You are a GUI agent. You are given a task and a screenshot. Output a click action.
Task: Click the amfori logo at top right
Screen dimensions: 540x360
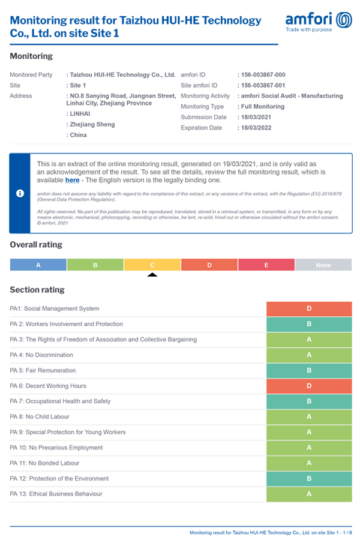click(x=319, y=21)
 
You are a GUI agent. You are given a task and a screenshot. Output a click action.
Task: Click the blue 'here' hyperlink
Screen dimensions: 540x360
click(x=72, y=180)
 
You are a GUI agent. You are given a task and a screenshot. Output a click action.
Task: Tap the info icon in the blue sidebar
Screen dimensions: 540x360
click(x=20, y=193)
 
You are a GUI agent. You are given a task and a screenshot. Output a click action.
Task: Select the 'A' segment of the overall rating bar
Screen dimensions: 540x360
click(x=38, y=265)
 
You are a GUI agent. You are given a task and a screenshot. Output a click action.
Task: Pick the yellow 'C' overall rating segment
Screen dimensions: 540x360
click(x=152, y=265)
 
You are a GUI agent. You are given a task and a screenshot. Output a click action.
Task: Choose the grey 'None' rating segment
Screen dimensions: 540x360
click(x=323, y=265)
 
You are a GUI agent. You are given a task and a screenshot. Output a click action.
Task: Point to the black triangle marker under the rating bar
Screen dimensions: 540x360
click(x=152, y=275)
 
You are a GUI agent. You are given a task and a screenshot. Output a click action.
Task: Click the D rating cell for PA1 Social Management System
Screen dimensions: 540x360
click(x=309, y=308)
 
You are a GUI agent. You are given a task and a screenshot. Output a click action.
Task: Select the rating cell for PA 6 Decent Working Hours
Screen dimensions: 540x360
click(x=309, y=386)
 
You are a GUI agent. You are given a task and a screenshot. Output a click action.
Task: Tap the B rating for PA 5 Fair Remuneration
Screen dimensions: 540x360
click(x=309, y=371)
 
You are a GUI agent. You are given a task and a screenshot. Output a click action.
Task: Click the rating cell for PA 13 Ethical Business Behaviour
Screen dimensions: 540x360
click(x=309, y=494)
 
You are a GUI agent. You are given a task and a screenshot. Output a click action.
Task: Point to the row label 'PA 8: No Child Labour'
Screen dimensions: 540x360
click(x=40, y=416)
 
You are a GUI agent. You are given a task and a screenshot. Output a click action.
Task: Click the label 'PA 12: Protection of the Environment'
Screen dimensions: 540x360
click(x=59, y=478)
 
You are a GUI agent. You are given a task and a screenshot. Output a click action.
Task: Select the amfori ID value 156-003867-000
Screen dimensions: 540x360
click(x=263, y=75)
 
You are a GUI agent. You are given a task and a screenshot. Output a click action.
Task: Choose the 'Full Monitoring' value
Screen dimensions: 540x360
click(x=262, y=107)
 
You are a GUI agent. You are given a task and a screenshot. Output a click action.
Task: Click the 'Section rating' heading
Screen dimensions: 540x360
click(x=37, y=290)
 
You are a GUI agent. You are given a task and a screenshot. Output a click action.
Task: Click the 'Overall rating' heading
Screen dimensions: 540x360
click(x=36, y=245)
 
